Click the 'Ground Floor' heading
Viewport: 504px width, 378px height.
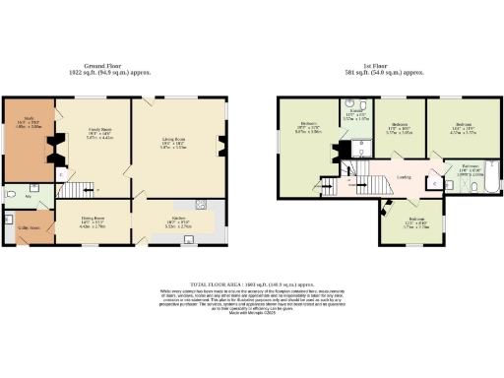[123, 67]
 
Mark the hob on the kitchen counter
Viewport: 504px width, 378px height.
[205, 205]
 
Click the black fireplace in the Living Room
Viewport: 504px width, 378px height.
[221, 148]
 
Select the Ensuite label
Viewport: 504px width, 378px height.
[353, 116]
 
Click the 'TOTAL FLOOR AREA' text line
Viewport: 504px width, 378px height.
[252, 282]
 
